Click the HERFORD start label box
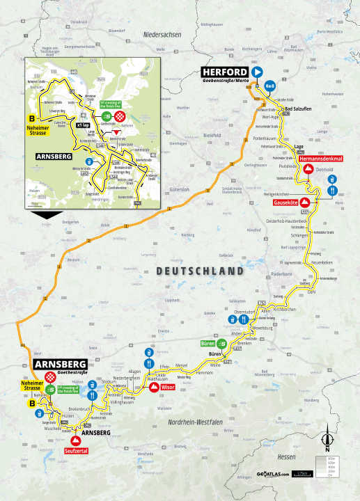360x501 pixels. (x=225, y=72)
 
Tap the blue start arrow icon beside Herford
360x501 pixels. (x=257, y=72)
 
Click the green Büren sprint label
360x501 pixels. (x=208, y=344)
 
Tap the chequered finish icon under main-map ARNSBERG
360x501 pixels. (x=51, y=376)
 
